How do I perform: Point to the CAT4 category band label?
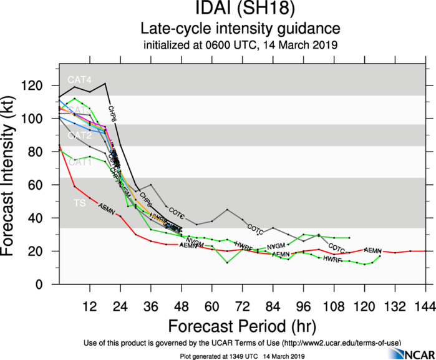pyautogui.click(x=80, y=80)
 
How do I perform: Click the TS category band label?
pyautogui.click(x=80, y=204)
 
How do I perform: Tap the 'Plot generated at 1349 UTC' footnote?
pyautogui.click(x=209, y=356)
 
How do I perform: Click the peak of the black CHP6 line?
pyautogui.click(x=105, y=83)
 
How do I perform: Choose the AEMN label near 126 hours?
pyautogui.click(x=372, y=250)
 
